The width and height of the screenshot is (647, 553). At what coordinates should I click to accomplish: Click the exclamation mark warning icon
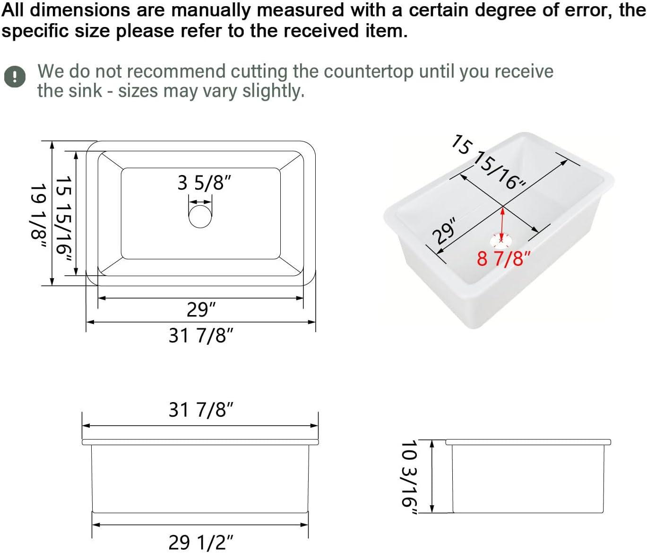coord(15,77)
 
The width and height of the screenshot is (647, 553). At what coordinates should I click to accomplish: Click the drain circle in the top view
coord(200,217)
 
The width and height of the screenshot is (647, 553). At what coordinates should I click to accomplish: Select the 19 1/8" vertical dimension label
coord(39,216)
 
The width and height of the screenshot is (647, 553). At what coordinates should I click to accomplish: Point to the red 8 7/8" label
coord(504,258)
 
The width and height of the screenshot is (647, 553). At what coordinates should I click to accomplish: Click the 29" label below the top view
coord(201,309)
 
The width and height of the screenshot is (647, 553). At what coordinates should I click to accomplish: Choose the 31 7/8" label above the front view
coord(201,410)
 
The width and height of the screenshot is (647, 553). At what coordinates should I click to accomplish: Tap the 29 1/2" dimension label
coord(201,542)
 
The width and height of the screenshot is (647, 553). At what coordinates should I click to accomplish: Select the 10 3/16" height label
coord(409,478)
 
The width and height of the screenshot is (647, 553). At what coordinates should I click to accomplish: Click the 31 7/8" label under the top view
coord(201,335)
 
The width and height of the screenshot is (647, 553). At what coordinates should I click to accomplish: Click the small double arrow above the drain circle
coord(200,202)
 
